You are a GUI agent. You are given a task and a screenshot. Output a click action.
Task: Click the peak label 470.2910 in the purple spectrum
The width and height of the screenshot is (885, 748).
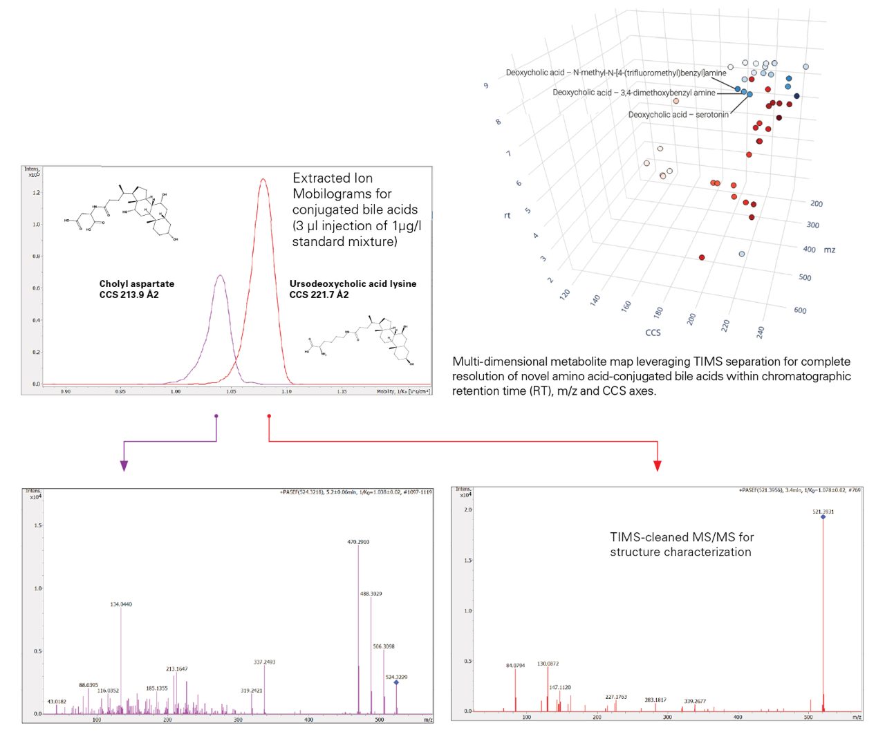pos(358,542)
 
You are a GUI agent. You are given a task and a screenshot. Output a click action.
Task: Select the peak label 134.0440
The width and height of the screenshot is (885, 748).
pos(121,604)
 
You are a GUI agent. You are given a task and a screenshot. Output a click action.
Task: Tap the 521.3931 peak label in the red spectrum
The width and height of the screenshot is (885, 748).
pos(823,512)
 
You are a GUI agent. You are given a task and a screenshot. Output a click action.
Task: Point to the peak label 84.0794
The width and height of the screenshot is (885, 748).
pos(515,666)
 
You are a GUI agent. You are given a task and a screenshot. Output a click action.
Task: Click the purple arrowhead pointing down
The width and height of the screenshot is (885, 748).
pos(124,466)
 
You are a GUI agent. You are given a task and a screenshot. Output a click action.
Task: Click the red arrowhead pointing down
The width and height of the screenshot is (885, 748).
pos(657,466)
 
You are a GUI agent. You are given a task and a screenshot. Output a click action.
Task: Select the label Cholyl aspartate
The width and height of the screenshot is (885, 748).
pos(136,283)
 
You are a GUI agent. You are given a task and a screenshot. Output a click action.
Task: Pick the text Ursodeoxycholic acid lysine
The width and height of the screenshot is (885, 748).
pos(353,283)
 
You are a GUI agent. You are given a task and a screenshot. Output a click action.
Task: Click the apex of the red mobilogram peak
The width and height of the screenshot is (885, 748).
pos(263,179)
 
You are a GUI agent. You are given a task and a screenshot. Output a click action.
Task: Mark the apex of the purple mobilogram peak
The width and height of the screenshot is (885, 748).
pos(220,276)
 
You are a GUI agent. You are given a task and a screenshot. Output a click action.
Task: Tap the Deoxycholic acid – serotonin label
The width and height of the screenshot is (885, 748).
pos(678,115)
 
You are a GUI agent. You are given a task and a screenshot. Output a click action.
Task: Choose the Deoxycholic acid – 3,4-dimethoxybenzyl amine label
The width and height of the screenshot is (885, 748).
pos(633,93)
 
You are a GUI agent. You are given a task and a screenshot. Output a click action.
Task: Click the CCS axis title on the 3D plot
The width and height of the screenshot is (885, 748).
pos(653,333)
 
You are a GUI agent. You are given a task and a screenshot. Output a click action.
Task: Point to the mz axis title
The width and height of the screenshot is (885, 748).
pos(830,250)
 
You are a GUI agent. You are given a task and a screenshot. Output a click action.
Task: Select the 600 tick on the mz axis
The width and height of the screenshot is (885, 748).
pos(800,310)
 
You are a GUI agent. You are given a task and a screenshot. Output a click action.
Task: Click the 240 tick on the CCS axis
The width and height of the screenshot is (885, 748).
pos(760,332)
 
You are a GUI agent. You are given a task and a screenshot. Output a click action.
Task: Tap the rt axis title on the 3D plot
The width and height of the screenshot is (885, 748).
pos(507,216)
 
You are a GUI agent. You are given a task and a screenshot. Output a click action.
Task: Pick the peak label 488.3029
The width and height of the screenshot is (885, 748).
pos(371,594)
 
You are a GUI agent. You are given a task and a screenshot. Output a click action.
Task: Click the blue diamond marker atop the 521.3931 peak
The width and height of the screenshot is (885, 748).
pos(823,517)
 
